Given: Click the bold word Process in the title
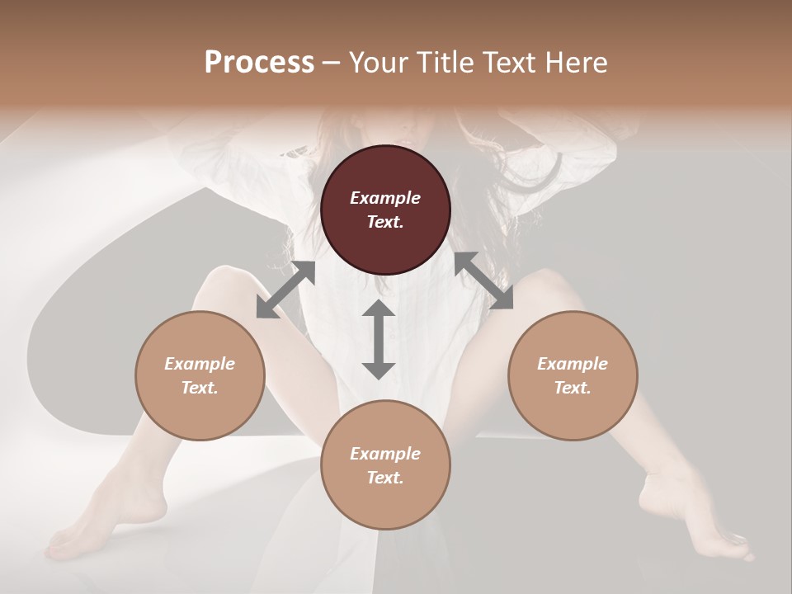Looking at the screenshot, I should [x=259, y=63].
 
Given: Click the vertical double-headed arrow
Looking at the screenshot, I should [x=379, y=339].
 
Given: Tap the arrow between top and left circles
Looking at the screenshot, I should [x=285, y=290].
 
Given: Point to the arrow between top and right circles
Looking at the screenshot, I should [x=483, y=280].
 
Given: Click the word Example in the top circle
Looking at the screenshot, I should [x=385, y=198].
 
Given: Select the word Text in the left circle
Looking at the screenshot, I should [x=200, y=388].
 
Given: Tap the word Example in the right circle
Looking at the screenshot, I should [x=573, y=363].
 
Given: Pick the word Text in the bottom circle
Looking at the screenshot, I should [x=385, y=478].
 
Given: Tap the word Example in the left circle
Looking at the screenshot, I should [x=200, y=363].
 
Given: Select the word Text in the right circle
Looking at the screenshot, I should [x=573, y=388].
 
